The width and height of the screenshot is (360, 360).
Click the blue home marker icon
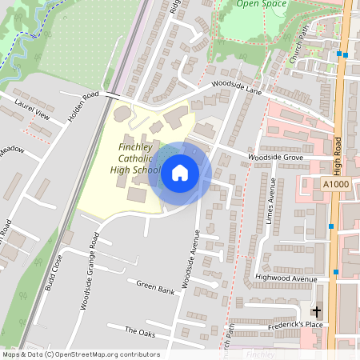point(180,173)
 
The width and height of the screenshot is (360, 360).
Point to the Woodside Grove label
point(274,158)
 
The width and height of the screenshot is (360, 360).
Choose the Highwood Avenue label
point(280,278)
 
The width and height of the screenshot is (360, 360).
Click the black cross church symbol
point(316,310)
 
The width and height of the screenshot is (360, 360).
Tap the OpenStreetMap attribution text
point(81,354)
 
